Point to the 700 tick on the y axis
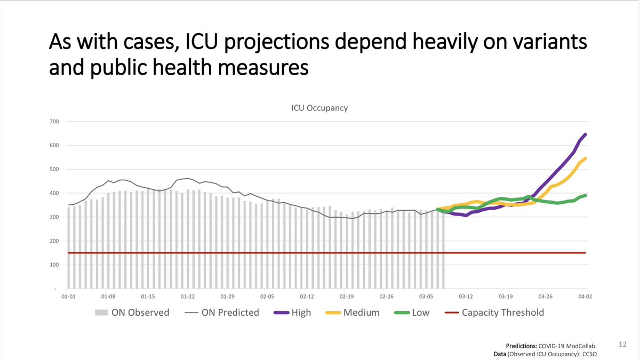tap(55, 122)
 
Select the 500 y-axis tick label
tap(55, 170)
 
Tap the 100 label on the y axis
tap(55, 265)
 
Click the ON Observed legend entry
tap(132, 313)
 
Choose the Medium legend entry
tap(353, 313)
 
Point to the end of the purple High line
tap(586, 134)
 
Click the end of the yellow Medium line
tap(586, 158)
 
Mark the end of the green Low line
tap(586, 195)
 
